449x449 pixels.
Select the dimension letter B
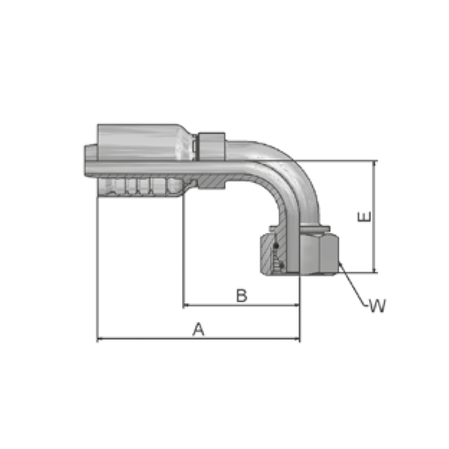click(242, 295)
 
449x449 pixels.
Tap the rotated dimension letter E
click(364, 217)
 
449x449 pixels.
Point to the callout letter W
click(378, 305)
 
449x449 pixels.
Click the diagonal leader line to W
click(352, 284)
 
